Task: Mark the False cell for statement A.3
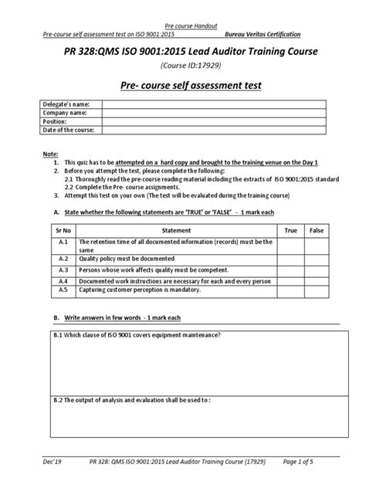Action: click(x=316, y=271)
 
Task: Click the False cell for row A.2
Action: click(x=316, y=260)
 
